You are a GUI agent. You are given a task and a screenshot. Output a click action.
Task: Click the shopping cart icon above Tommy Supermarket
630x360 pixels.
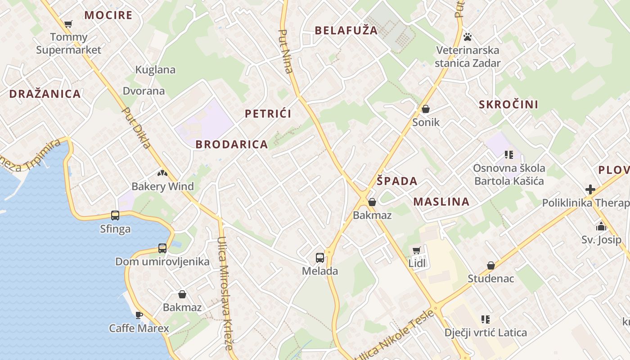(x=68, y=24)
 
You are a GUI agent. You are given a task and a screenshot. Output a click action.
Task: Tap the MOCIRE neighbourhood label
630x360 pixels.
(x=108, y=15)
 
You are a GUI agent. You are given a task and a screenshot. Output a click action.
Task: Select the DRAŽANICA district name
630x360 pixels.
(x=45, y=94)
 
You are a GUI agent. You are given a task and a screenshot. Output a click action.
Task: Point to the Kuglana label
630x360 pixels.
(x=155, y=70)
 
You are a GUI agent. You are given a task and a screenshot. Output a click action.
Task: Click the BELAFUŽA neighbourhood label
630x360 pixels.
(x=346, y=31)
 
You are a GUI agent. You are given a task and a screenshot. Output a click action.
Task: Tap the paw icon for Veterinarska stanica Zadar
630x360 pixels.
(x=468, y=37)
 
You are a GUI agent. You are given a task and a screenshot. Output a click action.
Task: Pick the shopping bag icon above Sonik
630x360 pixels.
(x=426, y=109)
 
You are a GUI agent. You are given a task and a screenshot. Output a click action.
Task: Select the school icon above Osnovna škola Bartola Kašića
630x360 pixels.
(x=509, y=155)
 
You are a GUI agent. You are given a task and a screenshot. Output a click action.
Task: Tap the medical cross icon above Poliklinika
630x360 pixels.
(x=590, y=189)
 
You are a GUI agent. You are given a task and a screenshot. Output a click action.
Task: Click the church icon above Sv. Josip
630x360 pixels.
(x=601, y=226)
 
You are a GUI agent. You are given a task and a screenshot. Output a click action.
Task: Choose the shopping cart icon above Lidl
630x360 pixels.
(x=417, y=250)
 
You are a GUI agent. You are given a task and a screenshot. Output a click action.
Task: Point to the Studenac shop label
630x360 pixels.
(x=490, y=279)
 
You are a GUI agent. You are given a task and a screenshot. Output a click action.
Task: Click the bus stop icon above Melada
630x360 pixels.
(x=319, y=258)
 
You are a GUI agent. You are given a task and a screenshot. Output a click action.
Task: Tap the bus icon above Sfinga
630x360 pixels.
(x=115, y=216)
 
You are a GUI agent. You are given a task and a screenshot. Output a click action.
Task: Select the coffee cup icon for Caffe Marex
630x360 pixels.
(x=139, y=315)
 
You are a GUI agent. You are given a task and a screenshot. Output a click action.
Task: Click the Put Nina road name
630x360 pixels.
(x=286, y=51)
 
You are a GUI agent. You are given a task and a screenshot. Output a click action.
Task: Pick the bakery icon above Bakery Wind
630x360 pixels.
(x=162, y=173)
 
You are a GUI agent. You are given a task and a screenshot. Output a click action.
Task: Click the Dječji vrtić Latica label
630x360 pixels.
(x=486, y=333)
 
